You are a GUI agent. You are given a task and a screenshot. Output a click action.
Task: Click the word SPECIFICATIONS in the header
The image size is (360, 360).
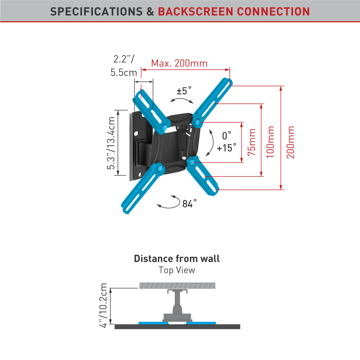click(x=96, y=11)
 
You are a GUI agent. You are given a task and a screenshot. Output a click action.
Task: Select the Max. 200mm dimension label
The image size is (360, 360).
click(x=179, y=63)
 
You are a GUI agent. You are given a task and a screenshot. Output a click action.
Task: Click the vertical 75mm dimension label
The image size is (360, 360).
click(x=252, y=142)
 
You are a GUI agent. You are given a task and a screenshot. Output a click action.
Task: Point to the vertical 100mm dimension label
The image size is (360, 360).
click(x=270, y=141)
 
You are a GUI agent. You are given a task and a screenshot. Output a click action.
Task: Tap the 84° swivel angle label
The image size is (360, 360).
click(x=189, y=204)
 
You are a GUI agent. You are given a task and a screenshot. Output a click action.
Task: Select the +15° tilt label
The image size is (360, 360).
click(x=227, y=148)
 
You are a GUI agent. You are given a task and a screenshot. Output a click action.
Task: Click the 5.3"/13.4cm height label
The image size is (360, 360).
click(x=112, y=143)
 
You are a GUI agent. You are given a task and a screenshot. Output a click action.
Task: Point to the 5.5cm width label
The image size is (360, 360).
click(x=123, y=72)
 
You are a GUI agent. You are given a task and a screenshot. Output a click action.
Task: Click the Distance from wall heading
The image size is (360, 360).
click(x=177, y=258)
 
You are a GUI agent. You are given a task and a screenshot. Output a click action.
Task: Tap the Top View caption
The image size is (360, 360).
click(x=177, y=270)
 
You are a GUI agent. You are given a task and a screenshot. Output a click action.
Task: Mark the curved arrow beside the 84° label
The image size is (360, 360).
click(x=169, y=203)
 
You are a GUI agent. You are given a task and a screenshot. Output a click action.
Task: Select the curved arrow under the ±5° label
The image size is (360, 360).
click(x=182, y=100)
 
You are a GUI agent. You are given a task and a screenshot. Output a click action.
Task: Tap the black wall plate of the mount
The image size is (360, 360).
click(x=137, y=144)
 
